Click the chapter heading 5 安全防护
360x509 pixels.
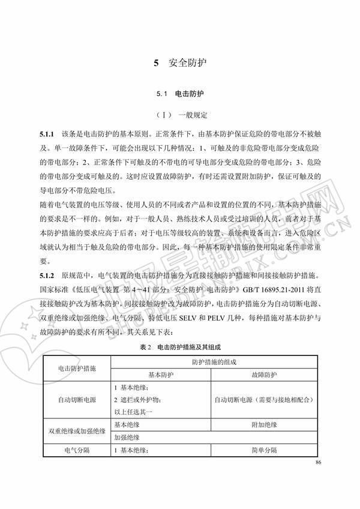click(180, 62)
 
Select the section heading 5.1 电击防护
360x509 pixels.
click(180, 94)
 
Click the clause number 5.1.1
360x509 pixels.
click(47, 131)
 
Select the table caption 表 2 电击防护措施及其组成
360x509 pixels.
click(180, 347)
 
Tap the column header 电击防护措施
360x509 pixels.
click(76, 367)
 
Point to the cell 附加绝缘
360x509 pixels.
click(265, 424)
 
